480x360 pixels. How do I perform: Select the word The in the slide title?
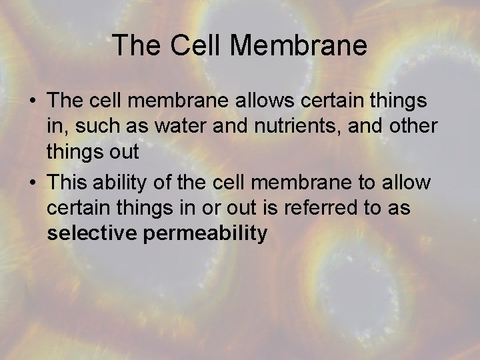pyautogui.click(x=137, y=45)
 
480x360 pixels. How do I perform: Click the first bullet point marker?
pyautogui.click(x=33, y=101)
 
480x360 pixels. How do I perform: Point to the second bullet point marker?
pyautogui.click(x=33, y=182)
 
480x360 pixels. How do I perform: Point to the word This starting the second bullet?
pyautogui.click(x=66, y=182)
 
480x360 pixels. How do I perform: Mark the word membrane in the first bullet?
pyautogui.click(x=160, y=101)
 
